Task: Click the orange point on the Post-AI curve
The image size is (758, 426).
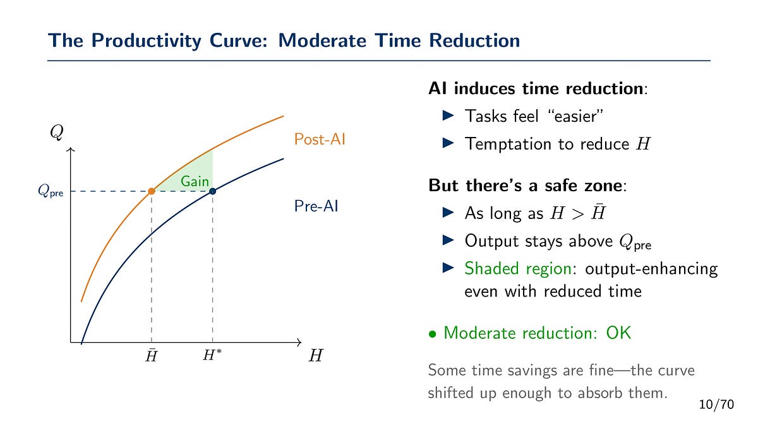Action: tap(152, 191)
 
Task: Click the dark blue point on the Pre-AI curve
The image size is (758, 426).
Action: tap(213, 191)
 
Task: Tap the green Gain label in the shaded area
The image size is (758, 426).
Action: tap(195, 181)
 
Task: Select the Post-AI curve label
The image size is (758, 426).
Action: tap(320, 139)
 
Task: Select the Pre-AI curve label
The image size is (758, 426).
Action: tap(316, 206)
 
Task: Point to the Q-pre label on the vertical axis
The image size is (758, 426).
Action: tap(51, 191)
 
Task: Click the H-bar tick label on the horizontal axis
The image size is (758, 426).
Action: tap(152, 357)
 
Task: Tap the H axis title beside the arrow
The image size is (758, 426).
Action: tap(316, 357)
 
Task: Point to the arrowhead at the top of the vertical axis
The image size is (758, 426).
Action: tap(70, 151)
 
